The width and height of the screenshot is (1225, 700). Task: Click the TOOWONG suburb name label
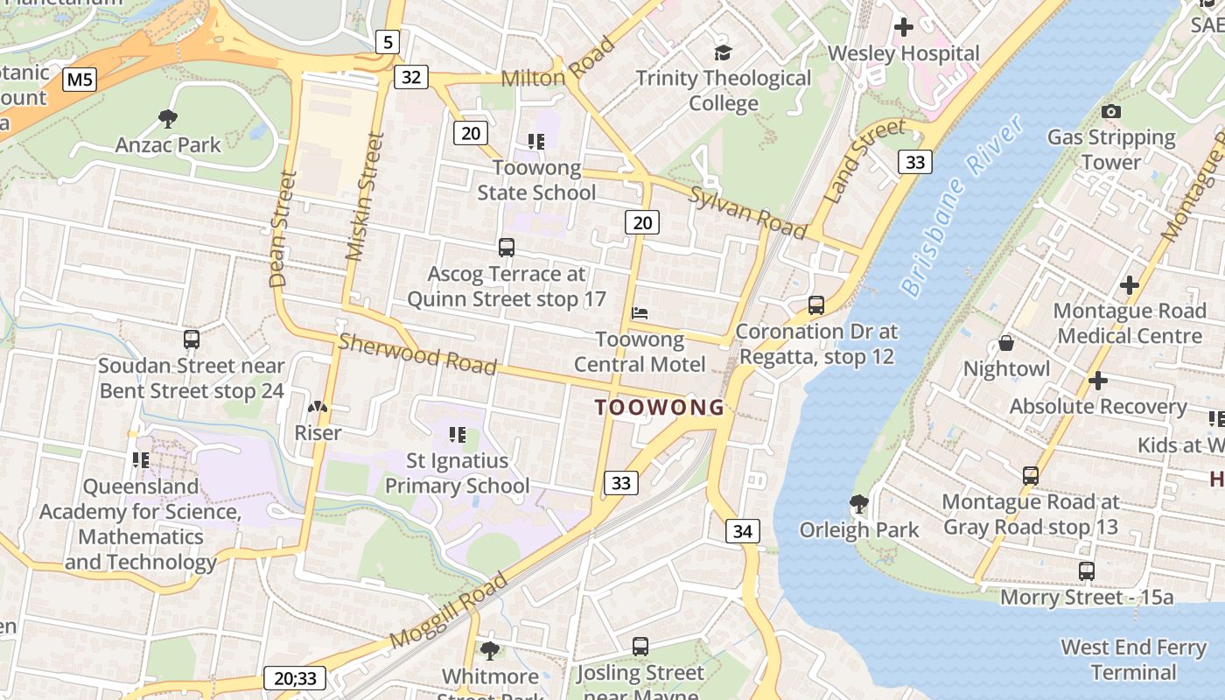pos(660,407)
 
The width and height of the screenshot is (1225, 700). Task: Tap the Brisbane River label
pos(962,206)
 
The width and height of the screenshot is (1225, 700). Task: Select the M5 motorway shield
pos(80,80)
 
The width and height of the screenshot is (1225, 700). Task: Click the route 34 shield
pos(742,531)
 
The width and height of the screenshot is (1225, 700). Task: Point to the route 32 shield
pos(411,77)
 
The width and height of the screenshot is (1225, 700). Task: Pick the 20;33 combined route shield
pos(296,678)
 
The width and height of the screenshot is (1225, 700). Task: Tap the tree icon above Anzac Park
pos(168,118)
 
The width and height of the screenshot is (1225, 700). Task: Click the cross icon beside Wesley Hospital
pos(903,28)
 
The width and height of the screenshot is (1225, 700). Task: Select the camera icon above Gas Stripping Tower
pos(1111,111)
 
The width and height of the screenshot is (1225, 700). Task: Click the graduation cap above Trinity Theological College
pos(723,52)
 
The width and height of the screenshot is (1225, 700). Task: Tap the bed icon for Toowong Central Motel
pos(640,312)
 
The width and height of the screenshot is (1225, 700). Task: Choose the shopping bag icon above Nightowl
pos(1006,343)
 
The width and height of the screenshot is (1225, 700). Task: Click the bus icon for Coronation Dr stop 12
pos(816,305)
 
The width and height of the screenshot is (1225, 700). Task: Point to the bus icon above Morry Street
pos(1086,571)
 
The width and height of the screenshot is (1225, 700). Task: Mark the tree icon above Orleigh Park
pos(858,504)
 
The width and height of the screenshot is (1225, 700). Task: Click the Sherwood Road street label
pos(417,353)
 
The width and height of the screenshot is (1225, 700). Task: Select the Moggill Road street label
pos(449,610)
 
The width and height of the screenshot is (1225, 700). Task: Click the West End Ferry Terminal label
pos(1133,660)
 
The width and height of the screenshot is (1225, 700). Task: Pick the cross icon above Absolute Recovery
pos(1097,381)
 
